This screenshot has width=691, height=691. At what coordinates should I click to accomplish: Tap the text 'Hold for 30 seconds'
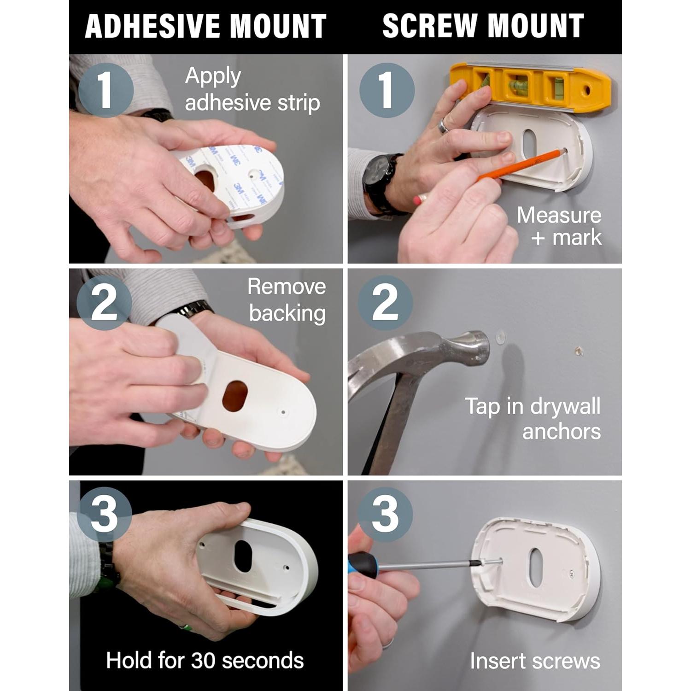(x=205, y=660)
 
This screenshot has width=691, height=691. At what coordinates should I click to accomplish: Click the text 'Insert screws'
(x=535, y=661)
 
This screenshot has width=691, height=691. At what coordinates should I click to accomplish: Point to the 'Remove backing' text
(x=287, y=300)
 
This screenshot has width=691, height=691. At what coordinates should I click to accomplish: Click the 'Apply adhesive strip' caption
(x=252, y=89)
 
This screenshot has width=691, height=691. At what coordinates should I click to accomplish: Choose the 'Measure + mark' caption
(x=559, y=226)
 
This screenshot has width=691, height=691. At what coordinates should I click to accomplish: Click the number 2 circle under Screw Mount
(x=385, y=303)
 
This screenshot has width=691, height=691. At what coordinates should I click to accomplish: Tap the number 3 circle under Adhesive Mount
(x=104, y=515)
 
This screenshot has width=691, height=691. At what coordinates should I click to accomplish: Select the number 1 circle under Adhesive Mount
(x=105, y=89)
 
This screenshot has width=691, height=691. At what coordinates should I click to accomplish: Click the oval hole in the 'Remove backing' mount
(x=235, y=396)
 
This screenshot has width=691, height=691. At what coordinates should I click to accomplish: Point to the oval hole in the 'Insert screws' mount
(x=536, y=568)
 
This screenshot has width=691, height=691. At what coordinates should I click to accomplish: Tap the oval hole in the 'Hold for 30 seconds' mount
(x=243, y=556)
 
